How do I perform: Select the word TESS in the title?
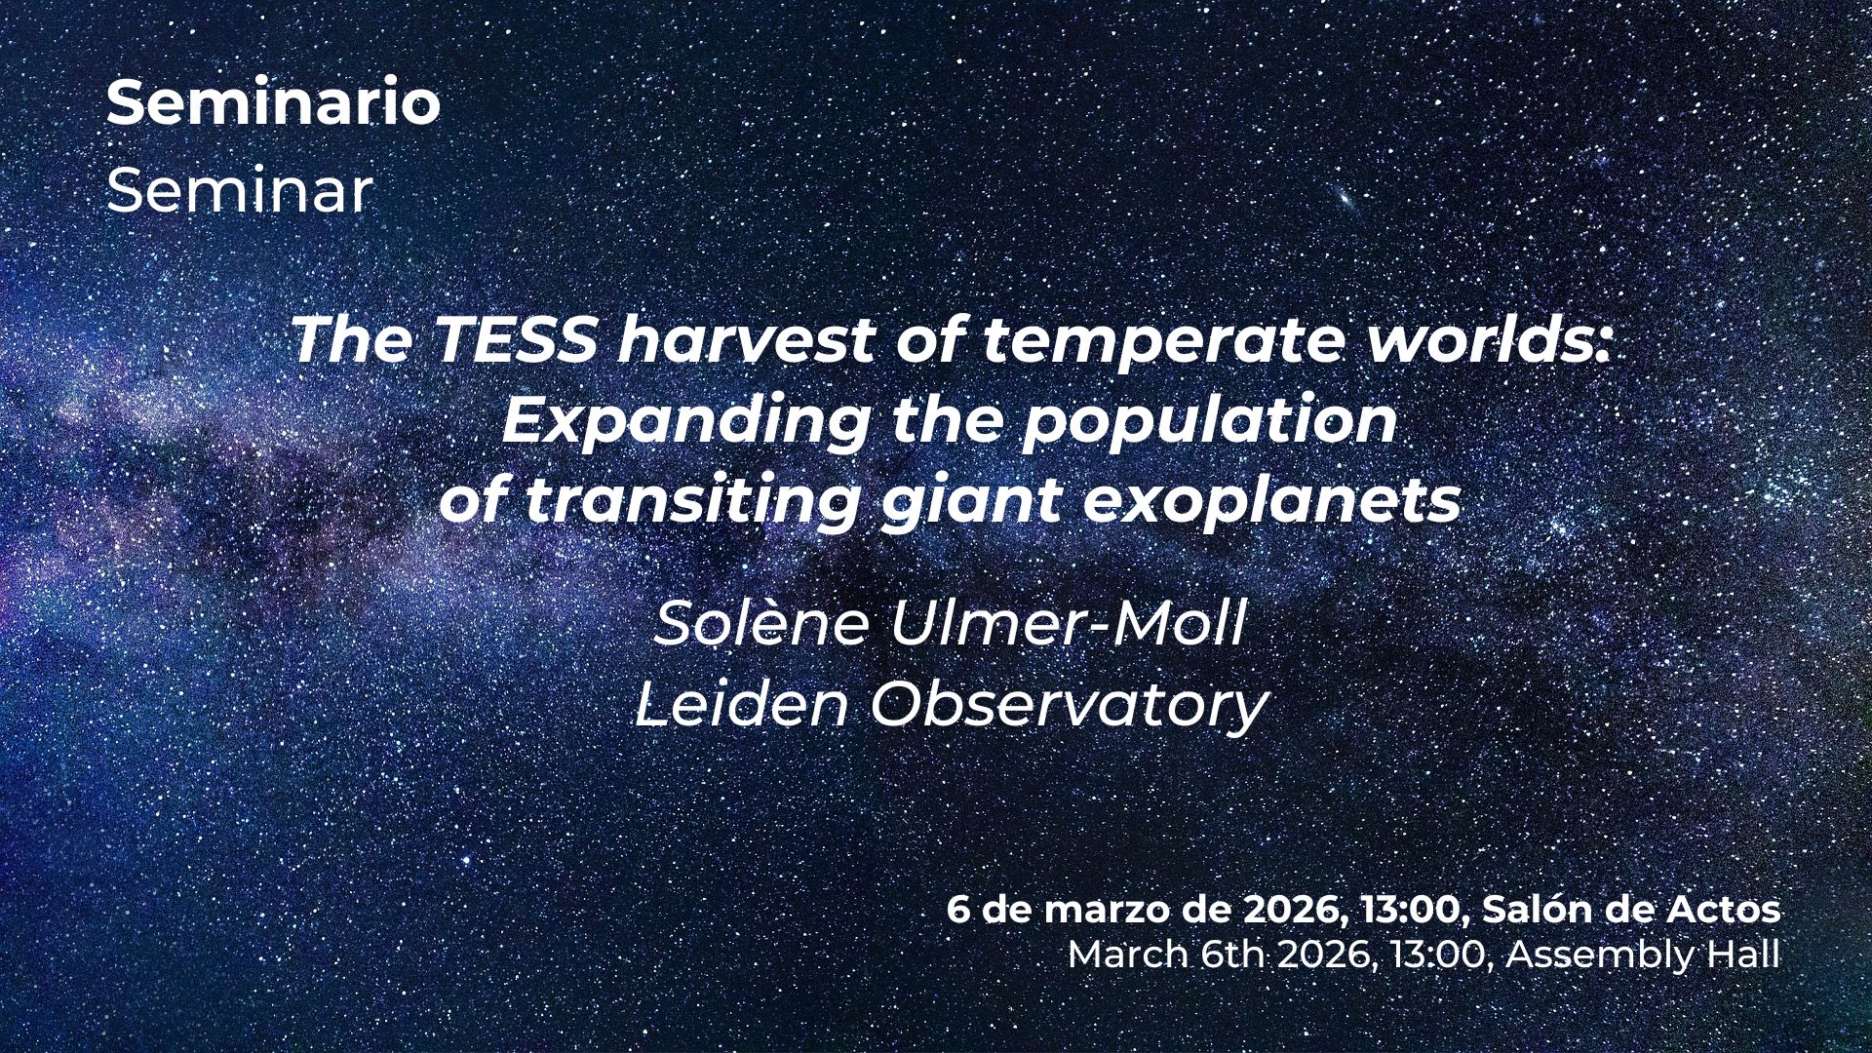[514, 340]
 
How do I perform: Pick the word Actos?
[1723, 910]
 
